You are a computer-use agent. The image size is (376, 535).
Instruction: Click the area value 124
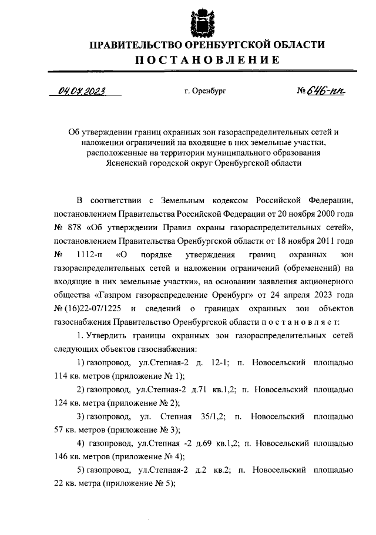pos(62,403)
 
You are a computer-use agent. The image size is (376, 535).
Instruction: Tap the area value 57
pos(59,430)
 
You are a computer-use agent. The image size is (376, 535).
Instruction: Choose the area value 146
pos(62,456)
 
